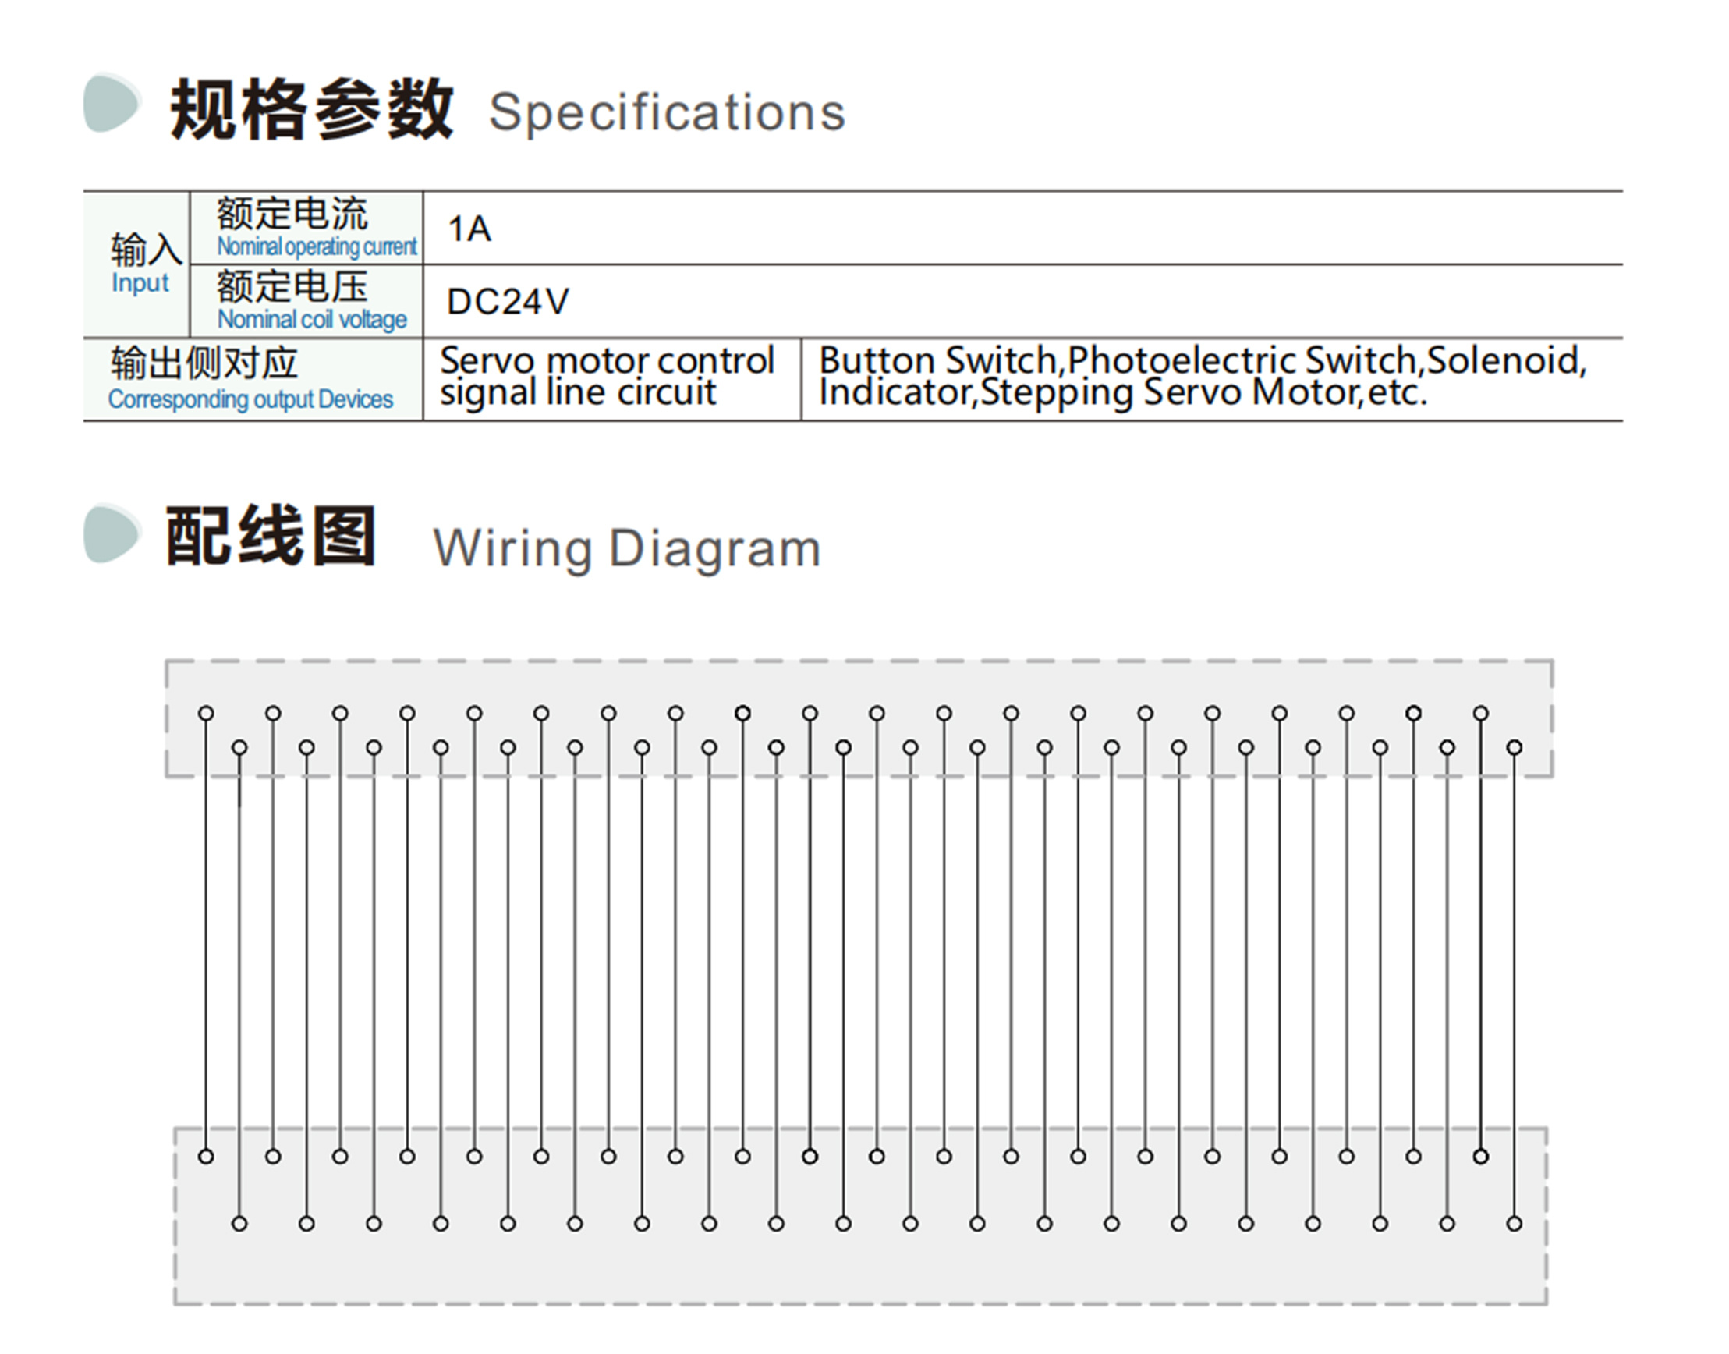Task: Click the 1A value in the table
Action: tap(469, 229)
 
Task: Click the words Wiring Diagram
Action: tap(626, 548)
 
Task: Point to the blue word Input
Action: tap(140, 283)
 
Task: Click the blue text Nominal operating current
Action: tap(317, 246)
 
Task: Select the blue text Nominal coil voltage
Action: tap(313, 320)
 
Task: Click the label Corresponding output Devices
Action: tap(250, 399)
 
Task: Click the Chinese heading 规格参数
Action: tap(311, 109)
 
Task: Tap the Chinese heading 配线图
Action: tap(271, 536)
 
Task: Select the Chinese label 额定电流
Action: tap(292, 213)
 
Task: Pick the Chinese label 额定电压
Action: tap(292, 286)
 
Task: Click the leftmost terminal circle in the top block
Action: tap(206, 714)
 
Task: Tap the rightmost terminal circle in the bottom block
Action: tap(1515, 1224)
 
